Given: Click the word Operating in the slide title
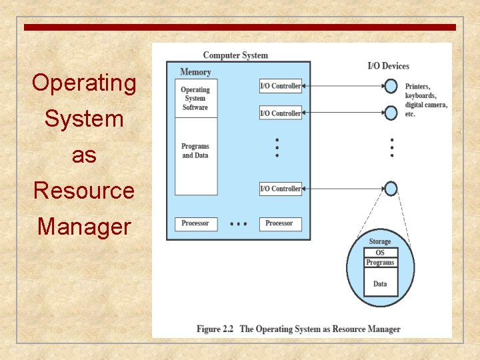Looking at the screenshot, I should (84, 83).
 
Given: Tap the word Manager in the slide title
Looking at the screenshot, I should (84, 227).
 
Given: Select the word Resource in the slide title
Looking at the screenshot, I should (84, 191).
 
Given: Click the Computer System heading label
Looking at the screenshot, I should (235, 55).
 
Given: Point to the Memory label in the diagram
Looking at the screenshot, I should (195, 72).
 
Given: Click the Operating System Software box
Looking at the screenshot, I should (195, 99).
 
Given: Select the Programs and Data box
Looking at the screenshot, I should (195, 151).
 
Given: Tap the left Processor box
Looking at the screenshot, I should (195, 223).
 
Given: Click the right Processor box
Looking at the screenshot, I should (279, 223).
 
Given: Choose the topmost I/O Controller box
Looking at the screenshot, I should (280, 86).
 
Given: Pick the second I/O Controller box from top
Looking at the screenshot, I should (280, 113).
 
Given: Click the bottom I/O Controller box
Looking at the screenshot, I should (280, 189).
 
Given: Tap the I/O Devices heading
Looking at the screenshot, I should (388, 66).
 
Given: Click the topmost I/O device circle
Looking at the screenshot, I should (391, 86).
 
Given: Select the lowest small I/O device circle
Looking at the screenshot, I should (391, 189).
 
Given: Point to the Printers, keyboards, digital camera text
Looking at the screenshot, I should (425, 100).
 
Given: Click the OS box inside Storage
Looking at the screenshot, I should (380, 253).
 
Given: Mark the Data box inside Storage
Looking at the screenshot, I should (380, 283).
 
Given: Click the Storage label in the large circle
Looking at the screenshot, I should (380, 241).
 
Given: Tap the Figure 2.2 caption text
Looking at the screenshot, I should (298, 329).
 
